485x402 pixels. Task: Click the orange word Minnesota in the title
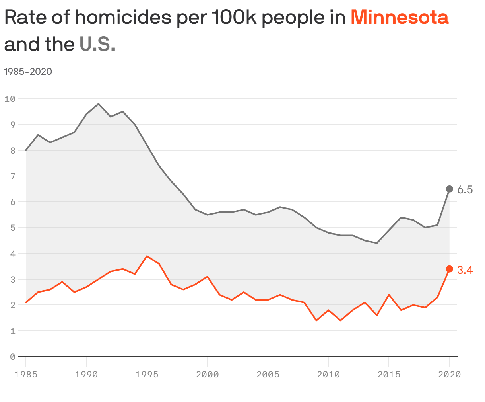399,18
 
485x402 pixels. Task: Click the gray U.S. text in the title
97,44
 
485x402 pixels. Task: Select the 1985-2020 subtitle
28,72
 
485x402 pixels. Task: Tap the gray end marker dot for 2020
449,189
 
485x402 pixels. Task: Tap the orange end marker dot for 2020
449,269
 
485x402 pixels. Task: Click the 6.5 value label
465,190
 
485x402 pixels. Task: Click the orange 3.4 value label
465,271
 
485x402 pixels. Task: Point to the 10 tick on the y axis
10,99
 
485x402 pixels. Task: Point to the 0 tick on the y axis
12,357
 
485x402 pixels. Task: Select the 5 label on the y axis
12,228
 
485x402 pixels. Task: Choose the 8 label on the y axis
12,150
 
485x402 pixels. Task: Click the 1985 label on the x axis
26,375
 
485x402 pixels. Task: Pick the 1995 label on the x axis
147,375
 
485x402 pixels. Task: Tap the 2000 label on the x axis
208,375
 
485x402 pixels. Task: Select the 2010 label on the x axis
328,375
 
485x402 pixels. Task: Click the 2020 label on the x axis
449,375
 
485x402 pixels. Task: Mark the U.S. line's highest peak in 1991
99,104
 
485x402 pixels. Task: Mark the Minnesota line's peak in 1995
147,256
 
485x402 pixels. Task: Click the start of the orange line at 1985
26,302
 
